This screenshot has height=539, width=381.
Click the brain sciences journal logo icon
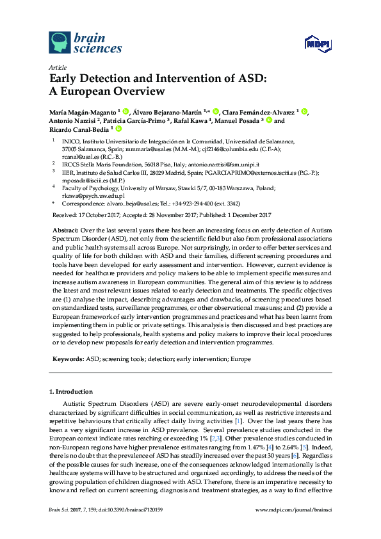click(60, 42)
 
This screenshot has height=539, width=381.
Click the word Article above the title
click(58, 67)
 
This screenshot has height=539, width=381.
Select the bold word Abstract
click(64, 229)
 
